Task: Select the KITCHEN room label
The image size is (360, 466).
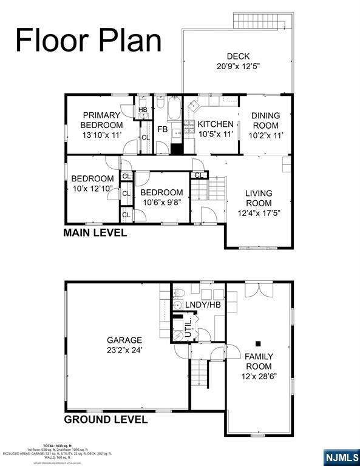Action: click(216, 124)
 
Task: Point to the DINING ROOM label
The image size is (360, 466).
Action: click(266, 121)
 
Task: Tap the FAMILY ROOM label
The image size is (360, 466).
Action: click(259, 361)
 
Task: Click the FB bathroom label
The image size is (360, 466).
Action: click(163, 129)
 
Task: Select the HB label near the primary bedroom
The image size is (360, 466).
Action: click(143, 110)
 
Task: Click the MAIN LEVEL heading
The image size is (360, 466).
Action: click(96, 233)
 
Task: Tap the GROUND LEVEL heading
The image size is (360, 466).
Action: click(106, 419)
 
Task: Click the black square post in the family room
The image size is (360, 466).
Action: click(259, 343)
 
